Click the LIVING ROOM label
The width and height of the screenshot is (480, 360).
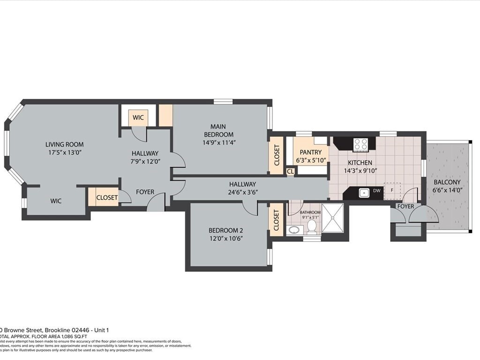[x=64, y=144]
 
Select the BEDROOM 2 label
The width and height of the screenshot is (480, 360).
[x=225, y=230]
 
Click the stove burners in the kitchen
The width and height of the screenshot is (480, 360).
[x=360, y=144]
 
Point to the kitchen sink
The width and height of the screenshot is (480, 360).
[x=364, y=192]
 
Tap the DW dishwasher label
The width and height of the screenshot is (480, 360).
[x=376, y=191]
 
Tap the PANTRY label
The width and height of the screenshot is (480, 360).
[x=310, y=152]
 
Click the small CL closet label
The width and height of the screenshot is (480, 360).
[x=290, y=172]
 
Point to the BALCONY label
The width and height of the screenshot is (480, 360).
[x=446, y=182]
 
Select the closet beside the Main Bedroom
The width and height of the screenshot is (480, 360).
[x=276, y=155]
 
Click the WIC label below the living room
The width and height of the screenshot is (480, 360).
[x=56, y=201]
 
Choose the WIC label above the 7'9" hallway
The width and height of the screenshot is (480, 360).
[x=138, y=118]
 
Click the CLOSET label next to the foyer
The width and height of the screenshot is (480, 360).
[x=107, y=198]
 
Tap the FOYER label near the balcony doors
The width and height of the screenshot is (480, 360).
[x=405, y=206]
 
